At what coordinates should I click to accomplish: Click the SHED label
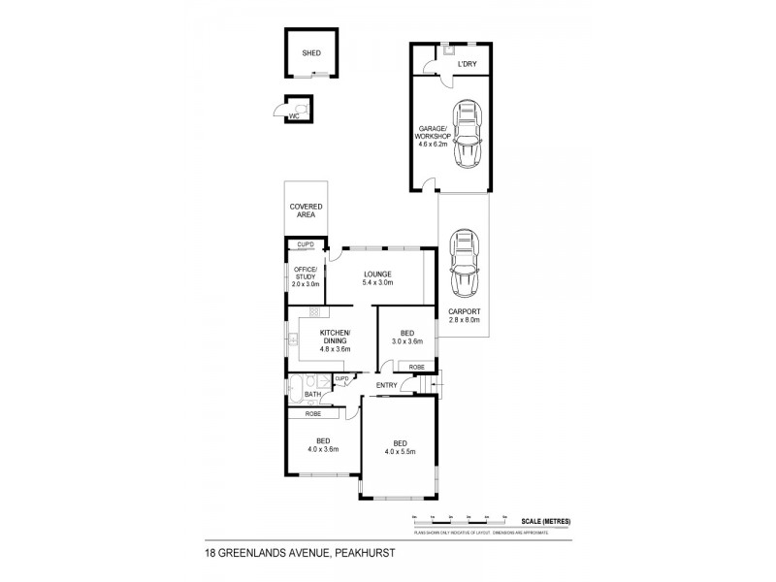click(310, 54)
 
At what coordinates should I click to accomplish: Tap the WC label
click(294, 116)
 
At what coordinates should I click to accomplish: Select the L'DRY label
click(467, 64)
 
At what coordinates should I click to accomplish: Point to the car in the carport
click(464, 266)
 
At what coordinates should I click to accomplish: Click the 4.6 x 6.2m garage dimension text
click(432, 145)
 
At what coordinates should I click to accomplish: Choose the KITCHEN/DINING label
click(334, 336)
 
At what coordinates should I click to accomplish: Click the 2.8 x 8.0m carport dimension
click(464, 319)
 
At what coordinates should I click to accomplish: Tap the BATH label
click(312, 395)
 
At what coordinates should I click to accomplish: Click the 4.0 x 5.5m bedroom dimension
click(400, 450)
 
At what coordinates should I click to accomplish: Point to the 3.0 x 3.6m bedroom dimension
click(406, 340)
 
